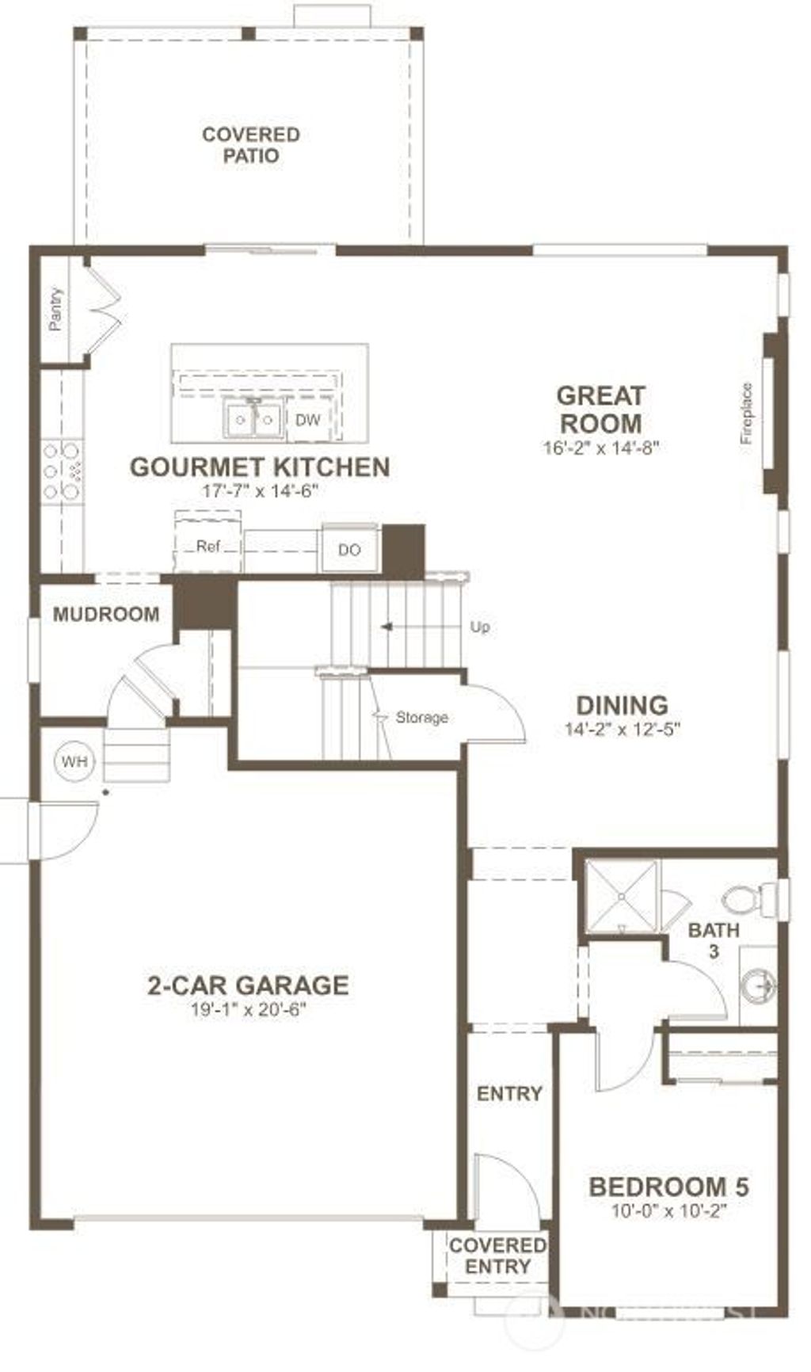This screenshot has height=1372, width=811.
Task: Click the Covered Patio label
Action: click(x=250, y=145)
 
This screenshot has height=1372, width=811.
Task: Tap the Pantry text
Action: click(x=55, y=309)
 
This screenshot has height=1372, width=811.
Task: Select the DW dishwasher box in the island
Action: click(x=308, y=420)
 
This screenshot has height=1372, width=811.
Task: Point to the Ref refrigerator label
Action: click(x=208, y=547)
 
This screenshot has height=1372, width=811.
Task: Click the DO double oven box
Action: click(x=349, y=549)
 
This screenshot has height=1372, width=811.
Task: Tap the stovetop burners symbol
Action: click(x=63, y=471)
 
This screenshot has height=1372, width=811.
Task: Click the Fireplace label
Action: click(x=746, y=413)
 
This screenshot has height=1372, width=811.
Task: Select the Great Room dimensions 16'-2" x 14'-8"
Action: click(x=600, y=448)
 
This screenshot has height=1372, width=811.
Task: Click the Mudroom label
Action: click(x=106, y=614)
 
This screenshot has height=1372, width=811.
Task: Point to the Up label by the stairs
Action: click(x=480, y=627)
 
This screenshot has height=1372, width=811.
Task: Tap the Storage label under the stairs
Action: click(x=421, y=718)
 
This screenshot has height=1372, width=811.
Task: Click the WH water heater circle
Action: click(x=75, y=762)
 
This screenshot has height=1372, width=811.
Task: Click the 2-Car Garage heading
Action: click(x=248, y=985)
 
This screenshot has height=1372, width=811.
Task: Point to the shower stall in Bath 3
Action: click(x=622, y=896)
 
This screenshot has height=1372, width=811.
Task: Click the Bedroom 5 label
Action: click(x=669, y=1187)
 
